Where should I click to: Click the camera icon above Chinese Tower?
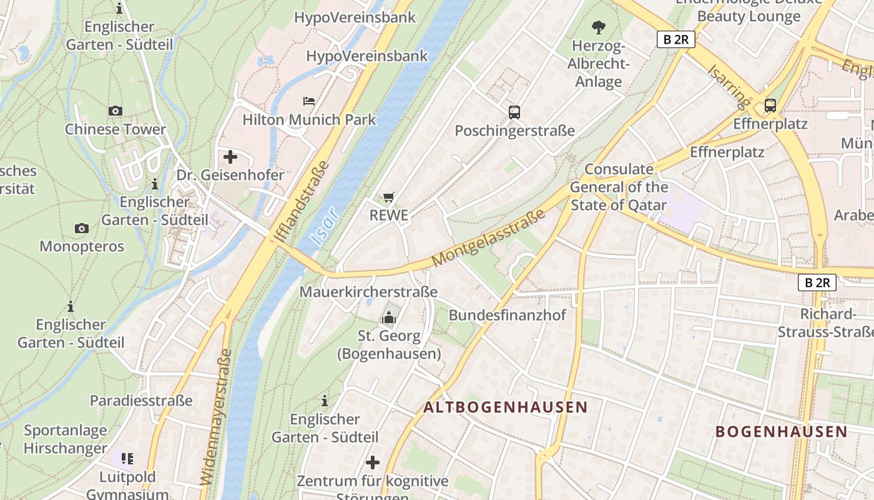click(x=115, y=111)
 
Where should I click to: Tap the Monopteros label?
click(x=82, y=246)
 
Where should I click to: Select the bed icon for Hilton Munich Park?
click(x=308, y=101)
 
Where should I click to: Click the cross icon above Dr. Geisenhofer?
click(x=230, y=157)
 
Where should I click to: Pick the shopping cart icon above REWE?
click(x=389, y=197)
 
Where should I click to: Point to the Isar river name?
click(x=324, y=226)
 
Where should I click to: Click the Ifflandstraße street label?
click(x=301, y=201)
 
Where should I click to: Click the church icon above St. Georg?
click(x=389, y=318)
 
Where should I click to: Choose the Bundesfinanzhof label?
click(x=507, y=315)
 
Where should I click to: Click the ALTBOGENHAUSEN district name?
click(x=505, y=407)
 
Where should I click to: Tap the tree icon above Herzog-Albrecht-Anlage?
click(x=598, y=27)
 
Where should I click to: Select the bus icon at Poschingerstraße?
click(x=514, y=112)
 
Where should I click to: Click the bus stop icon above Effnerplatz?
click(x=770, y=105)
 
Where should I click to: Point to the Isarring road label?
click(x=728, y=84)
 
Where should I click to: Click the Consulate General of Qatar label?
click(x=619, y=187)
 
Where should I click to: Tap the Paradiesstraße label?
click(x=141, y=401)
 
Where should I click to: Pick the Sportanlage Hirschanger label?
click(x=66, y=439)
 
